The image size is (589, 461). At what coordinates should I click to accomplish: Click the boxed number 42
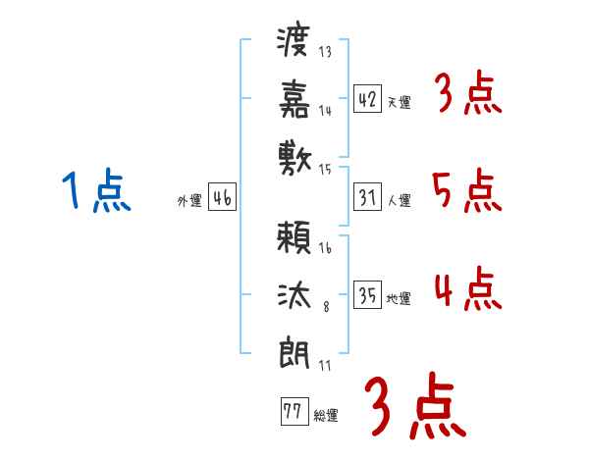click(x=368, y=99)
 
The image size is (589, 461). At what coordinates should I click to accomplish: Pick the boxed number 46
click(x=222, y=198)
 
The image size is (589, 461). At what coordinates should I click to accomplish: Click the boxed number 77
click(x=292, y=412)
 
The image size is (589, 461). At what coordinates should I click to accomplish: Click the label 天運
click(x=399, y=102)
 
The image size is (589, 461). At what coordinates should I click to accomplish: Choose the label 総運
click(x=326, y=416)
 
